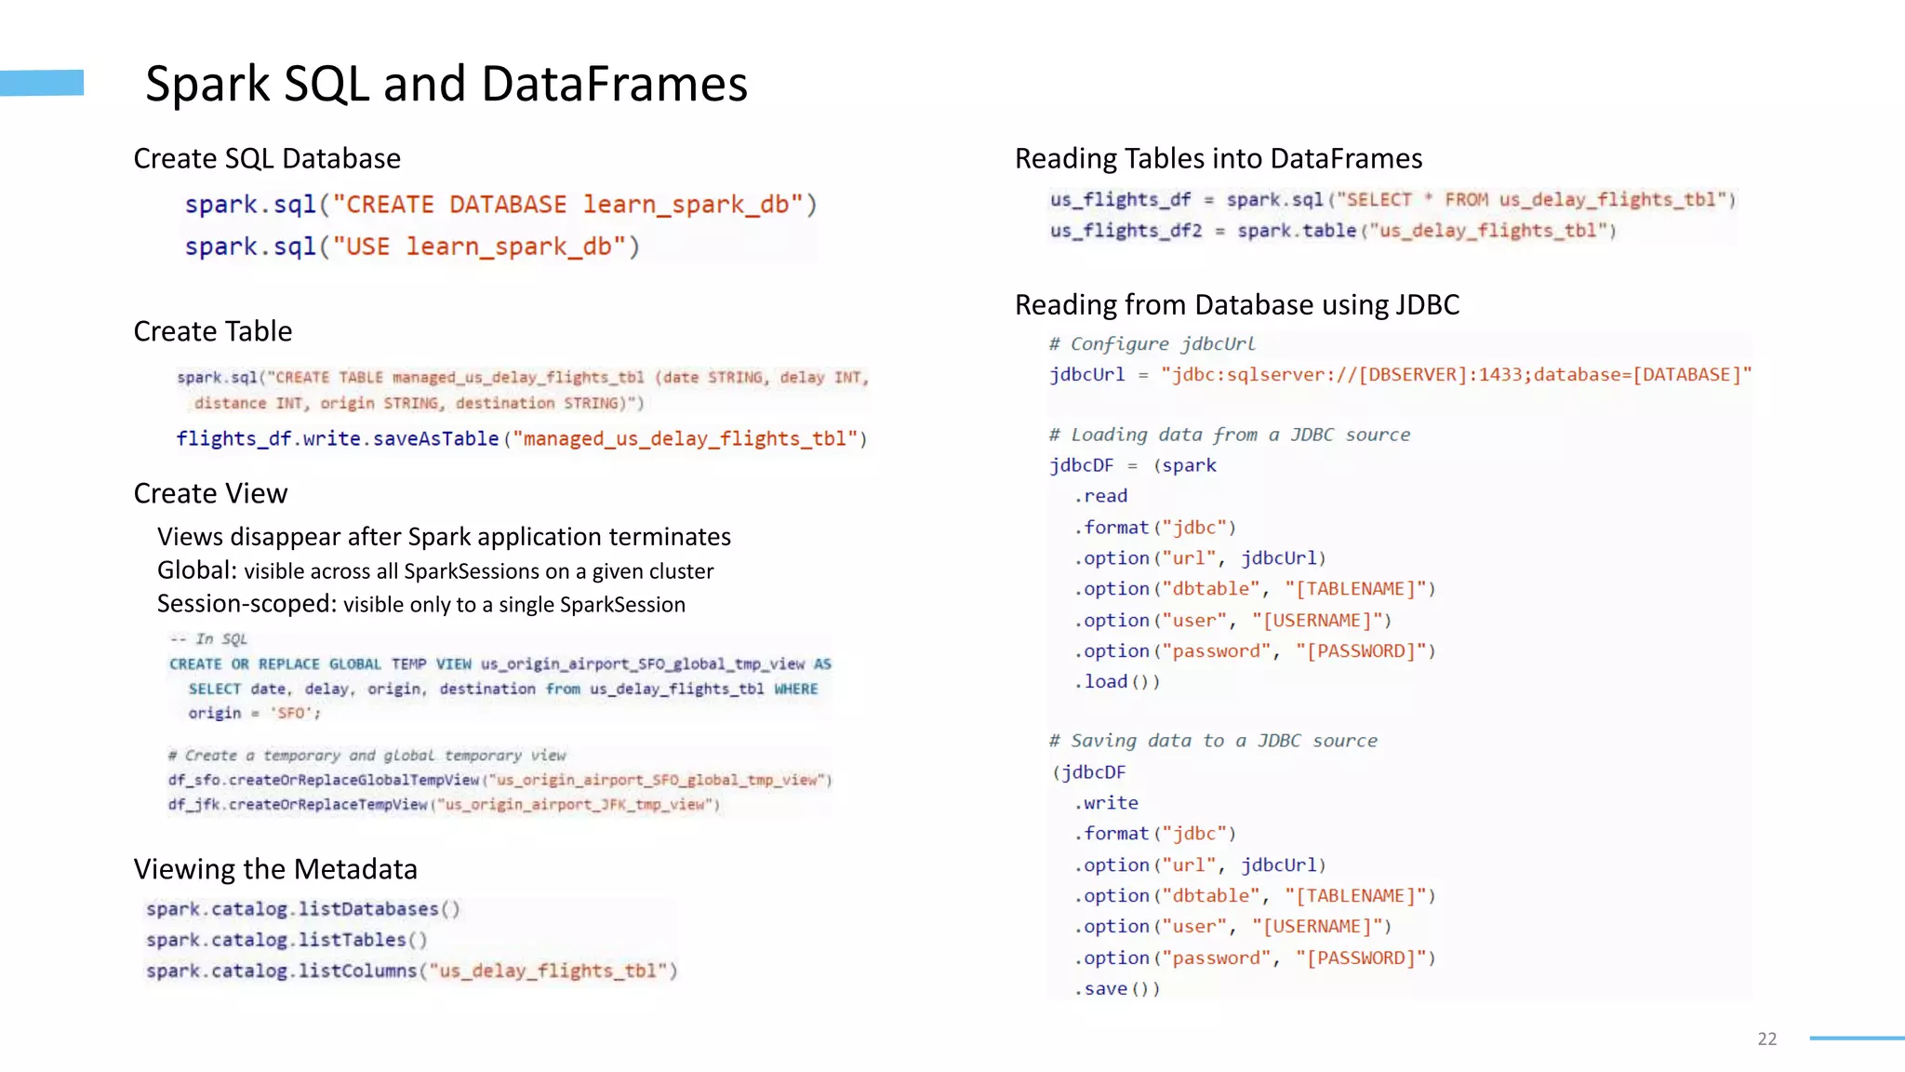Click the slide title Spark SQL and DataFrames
pyautogui.click(x=446, y=84)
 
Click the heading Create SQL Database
pyautogui.click(x=267, y=158)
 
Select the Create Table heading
pyautogui.click(x=213, y=331)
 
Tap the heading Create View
pyautogui.click(x=210, y=493)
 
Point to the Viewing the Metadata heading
pyautogui.click(x=275, y=869)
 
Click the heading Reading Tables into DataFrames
pyautogui.click(x=1219, y=158)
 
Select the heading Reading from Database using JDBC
pyautogui.click(x=1237, y=304)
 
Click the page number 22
pyautogui.click(x=1767, y=1038)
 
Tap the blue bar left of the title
pyautogui.click(x=42, y=83)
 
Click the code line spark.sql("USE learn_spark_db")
pyautogui.click(x=412, y=247)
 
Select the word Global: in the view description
pyautogui.click(x=197, y=570)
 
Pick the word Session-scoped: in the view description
pyautogui.click(x=246, y=604)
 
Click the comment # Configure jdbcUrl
pyautogui.click(x=1152, y=343)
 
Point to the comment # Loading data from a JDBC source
pyautogui.click(x=1230, y=435)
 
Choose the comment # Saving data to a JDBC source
pyautogui.click(x=1213, y=741)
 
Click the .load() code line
pyautogui.click(x=1117, y=682)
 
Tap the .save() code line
pyautogui.click(x=1117, y=988)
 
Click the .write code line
pyautogui.click(x=1107, y=803)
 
